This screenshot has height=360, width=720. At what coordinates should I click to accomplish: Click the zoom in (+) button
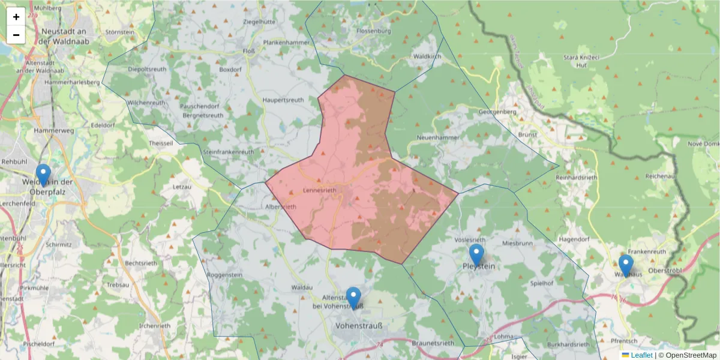tap(16, 17)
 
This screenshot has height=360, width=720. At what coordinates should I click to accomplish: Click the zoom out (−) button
tap(16, 35)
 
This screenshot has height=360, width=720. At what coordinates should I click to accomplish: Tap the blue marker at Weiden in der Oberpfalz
tap(43, 175)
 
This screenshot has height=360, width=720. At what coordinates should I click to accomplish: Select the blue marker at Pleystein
tap(476, 255)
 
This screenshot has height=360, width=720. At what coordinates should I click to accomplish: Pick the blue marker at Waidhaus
tap(626, 265)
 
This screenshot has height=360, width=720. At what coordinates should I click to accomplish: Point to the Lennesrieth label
tap(320, 190)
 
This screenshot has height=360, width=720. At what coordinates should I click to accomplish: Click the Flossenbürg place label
tap(373, 31)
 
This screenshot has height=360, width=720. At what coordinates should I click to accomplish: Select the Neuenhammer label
tap(437, 137)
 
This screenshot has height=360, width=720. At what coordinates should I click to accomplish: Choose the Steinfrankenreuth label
tap(229, 152)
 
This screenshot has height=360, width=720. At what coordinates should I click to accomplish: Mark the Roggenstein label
tap(224, 275)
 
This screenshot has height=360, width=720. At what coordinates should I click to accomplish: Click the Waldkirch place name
tap(427, 56)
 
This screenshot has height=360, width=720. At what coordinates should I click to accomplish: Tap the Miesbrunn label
tap(518, 244)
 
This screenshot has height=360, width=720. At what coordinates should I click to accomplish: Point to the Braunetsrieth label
tap(433, 343)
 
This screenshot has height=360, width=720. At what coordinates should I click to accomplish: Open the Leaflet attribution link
tap(641, 355)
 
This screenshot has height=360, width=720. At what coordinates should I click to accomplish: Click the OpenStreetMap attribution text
tap(687, 355)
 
